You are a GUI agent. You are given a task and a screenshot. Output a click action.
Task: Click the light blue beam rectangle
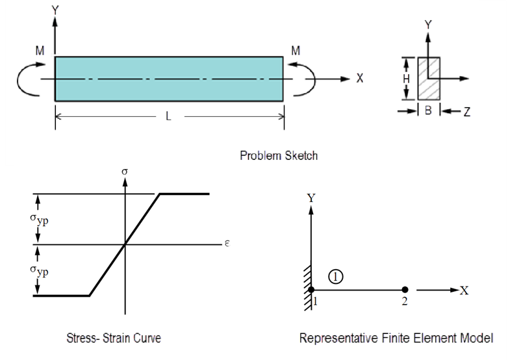(169, 79)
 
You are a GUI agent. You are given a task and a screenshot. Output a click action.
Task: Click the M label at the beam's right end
(296, 50)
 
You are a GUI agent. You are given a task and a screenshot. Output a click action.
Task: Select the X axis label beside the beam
(360, 79)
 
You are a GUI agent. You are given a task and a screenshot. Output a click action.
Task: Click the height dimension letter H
(406, 79)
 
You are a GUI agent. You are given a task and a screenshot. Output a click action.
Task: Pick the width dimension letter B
(428, 111)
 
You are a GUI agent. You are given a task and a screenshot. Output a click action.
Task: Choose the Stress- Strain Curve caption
(114, 338)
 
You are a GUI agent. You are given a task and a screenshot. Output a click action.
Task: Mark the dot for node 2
(404, 290)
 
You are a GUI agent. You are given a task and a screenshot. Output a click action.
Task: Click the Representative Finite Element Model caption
(396, 338)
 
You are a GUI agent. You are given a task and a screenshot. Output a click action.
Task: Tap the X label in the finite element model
(464, 290)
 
